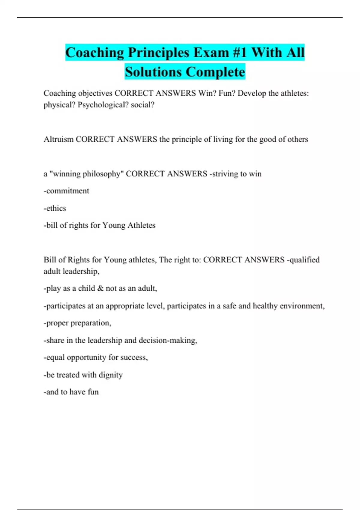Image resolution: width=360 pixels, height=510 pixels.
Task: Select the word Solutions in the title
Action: point(153,72)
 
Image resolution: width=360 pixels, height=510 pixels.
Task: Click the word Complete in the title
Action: point(215,72)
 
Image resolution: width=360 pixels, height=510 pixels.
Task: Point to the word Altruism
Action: point(58,139)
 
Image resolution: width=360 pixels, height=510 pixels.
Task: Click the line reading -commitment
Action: point(66,191)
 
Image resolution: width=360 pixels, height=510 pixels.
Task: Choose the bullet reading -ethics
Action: point(55,208)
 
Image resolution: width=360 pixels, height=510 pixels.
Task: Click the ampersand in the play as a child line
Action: point(100,288)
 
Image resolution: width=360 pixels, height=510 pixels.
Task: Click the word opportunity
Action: point(86,358)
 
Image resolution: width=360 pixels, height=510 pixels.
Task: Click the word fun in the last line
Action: point(93,392)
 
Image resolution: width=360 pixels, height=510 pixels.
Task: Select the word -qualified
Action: point(303,260)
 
